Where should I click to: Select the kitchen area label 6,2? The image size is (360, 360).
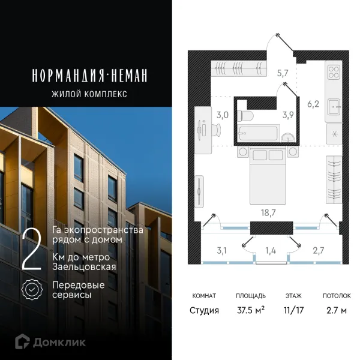pos(313,104)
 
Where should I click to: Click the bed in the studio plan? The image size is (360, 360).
pos(267,177)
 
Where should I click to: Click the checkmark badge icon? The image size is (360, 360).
pos(31,290)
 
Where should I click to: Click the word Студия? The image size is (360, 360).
pos(205,310)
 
